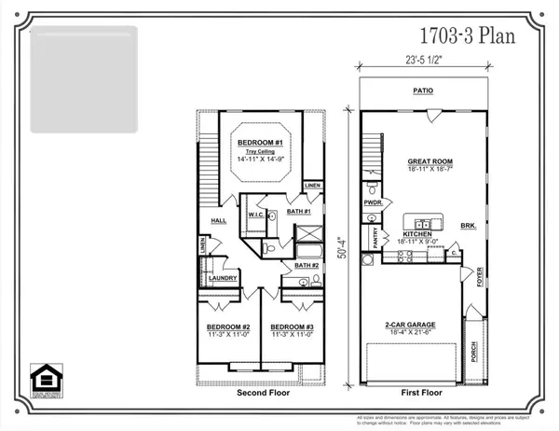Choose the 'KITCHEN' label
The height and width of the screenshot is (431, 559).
(x=415, y=233)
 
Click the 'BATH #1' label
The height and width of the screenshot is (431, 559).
(x=298, y=212)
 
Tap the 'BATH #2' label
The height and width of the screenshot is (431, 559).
(x=307, y=266)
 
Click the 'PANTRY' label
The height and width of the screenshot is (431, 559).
(x=375, y=241)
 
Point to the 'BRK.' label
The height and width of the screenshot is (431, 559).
(x=468, y=226)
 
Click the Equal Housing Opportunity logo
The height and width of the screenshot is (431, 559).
(x=44, y=381)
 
